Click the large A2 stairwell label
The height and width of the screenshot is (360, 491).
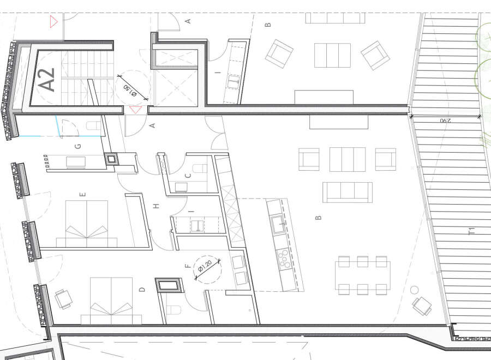[x=47, y=80]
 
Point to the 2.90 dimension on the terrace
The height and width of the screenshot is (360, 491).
[x=446, y=120]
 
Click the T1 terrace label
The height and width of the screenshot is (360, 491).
[x=471, y=231]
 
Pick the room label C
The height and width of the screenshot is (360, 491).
[x=188, y=176]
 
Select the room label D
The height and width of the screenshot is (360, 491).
[x=142, y=290]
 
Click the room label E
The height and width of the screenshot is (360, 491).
[x=83, y=194]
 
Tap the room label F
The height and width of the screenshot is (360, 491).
[x=188, y=266]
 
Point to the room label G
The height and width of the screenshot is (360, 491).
[x=78, y=146]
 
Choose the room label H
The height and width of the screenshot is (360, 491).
[x=156, y=206]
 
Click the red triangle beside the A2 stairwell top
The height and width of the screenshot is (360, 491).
[x=53, y=22]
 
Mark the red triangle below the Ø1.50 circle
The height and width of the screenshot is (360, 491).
[x=136, y=110]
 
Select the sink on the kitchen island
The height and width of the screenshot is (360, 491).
[x=278, y=224]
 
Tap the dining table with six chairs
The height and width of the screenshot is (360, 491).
[x=362, y=275]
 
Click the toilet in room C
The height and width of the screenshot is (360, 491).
[x=200, y=169]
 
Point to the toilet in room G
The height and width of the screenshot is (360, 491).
[x=93, y=125]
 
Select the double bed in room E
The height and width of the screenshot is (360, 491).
[x=87, y=224]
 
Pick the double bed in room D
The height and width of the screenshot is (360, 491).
[x=111, y=301]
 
